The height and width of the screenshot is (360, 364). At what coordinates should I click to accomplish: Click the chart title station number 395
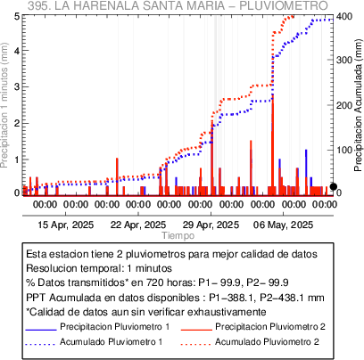click(38, 5)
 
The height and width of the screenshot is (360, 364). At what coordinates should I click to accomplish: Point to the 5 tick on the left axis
click(18, 16)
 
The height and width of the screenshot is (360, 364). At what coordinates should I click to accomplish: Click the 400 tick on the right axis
click(344, 16)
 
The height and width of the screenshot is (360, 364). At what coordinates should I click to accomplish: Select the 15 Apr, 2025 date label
click(66, 225)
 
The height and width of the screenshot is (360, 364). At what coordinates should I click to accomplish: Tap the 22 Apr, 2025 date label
click(138, 225)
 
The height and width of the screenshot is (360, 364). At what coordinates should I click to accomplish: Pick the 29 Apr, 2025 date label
click(211, 225)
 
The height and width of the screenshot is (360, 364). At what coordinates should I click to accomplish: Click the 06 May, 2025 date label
click(283, 225)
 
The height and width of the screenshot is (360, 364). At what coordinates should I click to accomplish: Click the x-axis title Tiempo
click(178, 236)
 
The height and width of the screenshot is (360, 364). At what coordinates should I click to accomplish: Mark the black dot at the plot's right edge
click(334, 186)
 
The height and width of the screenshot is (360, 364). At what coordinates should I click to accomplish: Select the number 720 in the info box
click(154, 282)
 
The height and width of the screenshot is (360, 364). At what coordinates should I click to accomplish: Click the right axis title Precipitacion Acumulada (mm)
click(359, 105)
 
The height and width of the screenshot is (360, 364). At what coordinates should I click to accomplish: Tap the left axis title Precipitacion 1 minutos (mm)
click(4, 105)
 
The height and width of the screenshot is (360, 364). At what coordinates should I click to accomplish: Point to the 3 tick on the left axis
click(18, 86)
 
